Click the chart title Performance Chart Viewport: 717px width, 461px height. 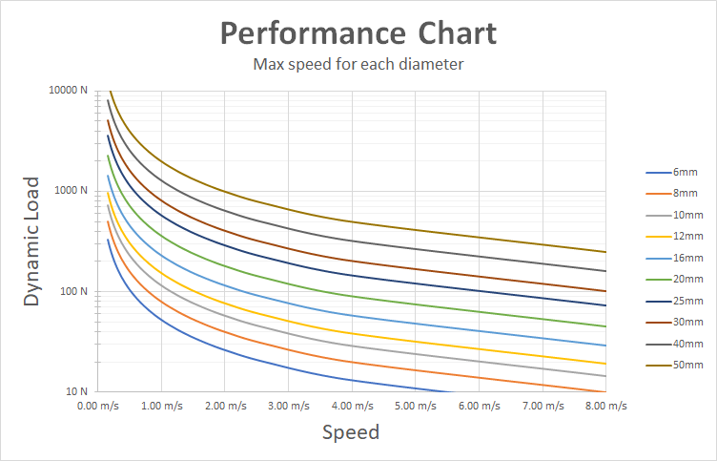358,34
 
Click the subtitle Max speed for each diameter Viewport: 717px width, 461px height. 358,66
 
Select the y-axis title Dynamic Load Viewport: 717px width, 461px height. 32,241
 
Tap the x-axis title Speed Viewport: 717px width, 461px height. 350,432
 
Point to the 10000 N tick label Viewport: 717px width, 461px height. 69,91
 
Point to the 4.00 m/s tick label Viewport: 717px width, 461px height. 351,406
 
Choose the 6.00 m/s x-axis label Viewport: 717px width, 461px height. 479,406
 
